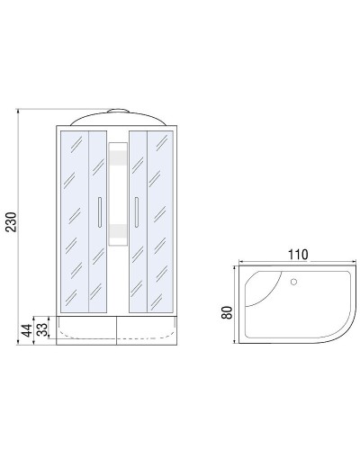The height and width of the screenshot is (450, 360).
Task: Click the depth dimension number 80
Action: (x=228, y=313)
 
